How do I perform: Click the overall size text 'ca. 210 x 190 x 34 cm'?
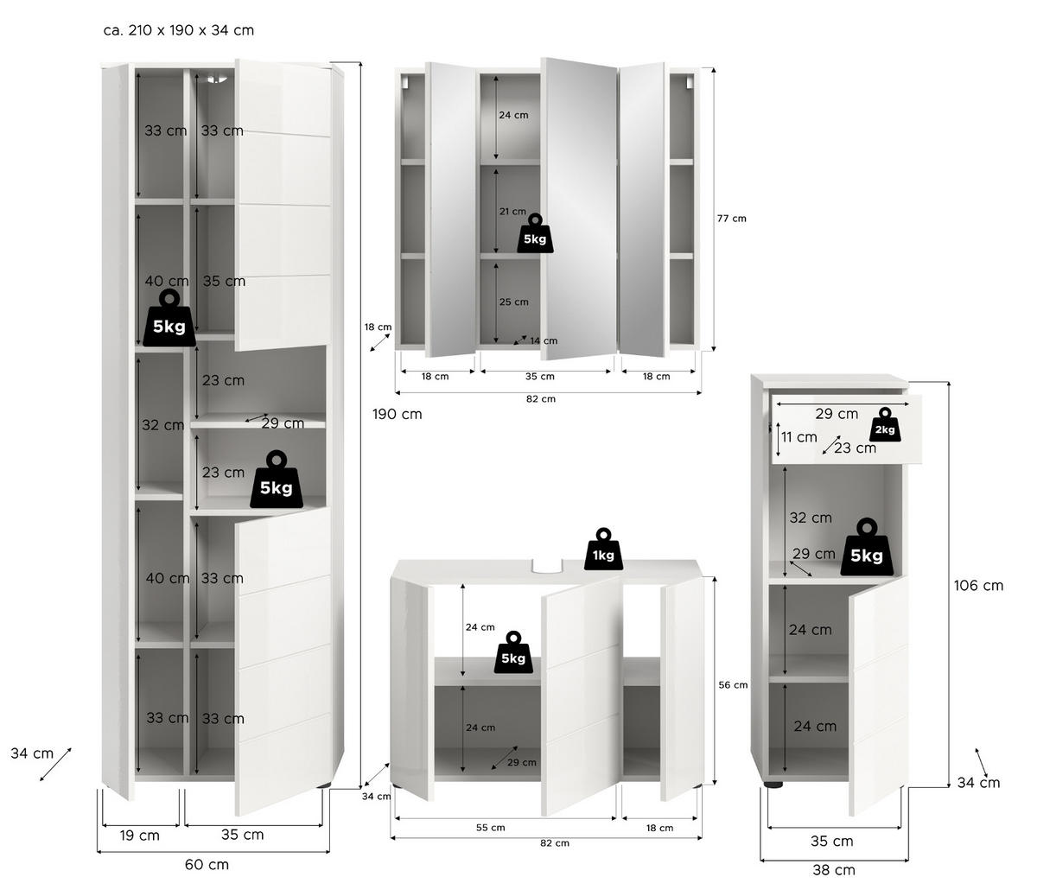tap(178, 30)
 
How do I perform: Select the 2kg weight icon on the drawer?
tap(884, 425)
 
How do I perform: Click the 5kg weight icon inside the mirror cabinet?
tap(535, 234)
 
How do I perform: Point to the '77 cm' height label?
tap(731, 219)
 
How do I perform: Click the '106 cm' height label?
tap(978, 586)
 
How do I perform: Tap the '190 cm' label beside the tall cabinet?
tap(398, 414)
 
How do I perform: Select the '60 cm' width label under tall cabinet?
tap(207, 864)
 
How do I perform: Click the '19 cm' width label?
tap(138, 836)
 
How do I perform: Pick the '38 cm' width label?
tap(833, 870)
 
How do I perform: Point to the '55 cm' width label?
tap(490, 828)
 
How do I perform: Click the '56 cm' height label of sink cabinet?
tap(734, 685)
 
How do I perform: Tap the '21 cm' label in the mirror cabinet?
tap(512, 211)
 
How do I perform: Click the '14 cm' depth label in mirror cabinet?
tap(544, 341)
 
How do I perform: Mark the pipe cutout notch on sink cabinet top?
tap(547, 567)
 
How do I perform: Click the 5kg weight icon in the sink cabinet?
tap(512, 652)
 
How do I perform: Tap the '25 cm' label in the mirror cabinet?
tap(514, 302)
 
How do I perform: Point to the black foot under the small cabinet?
tap(773, 785)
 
